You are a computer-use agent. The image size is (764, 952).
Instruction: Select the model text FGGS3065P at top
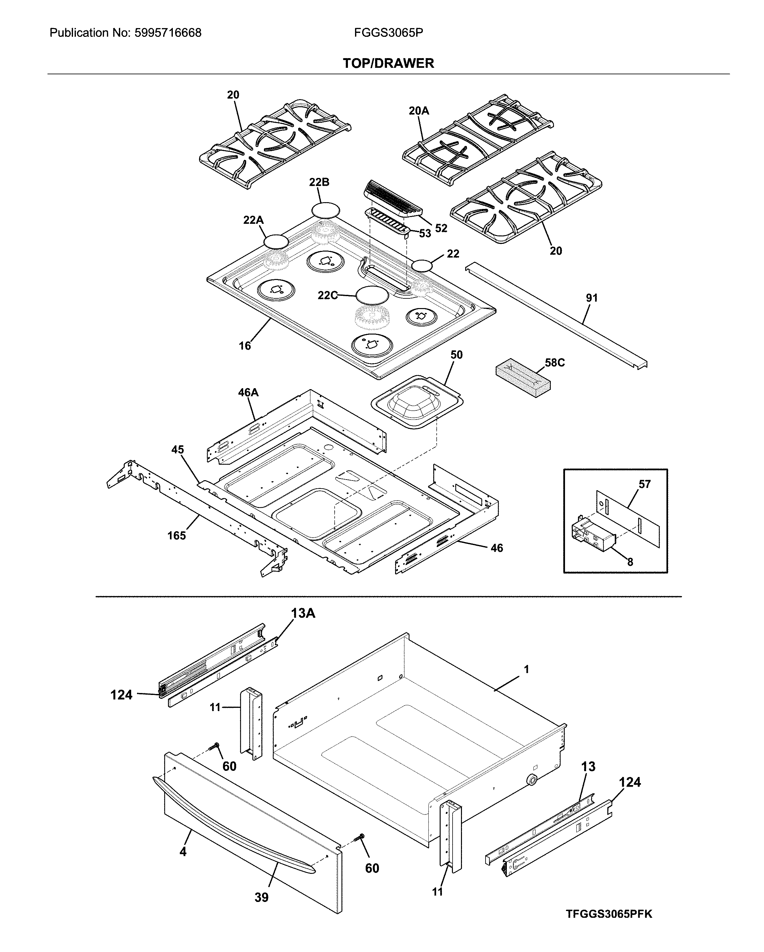pos(388,33)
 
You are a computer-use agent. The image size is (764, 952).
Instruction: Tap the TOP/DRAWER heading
pos(388,63)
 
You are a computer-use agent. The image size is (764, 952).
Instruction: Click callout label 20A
pos(418,111)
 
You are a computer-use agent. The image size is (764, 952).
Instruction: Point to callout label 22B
pos(319,182)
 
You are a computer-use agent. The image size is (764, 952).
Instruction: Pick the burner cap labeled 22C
pos(372,295)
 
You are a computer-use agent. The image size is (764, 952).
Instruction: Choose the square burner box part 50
pos(417,401)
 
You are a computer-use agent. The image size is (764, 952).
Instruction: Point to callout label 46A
pos(248,392)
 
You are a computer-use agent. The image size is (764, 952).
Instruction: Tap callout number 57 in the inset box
pos(644,484)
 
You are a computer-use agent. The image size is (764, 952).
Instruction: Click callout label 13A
pos(303,613)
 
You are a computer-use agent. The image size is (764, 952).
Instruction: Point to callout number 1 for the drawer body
pos(527,669)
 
